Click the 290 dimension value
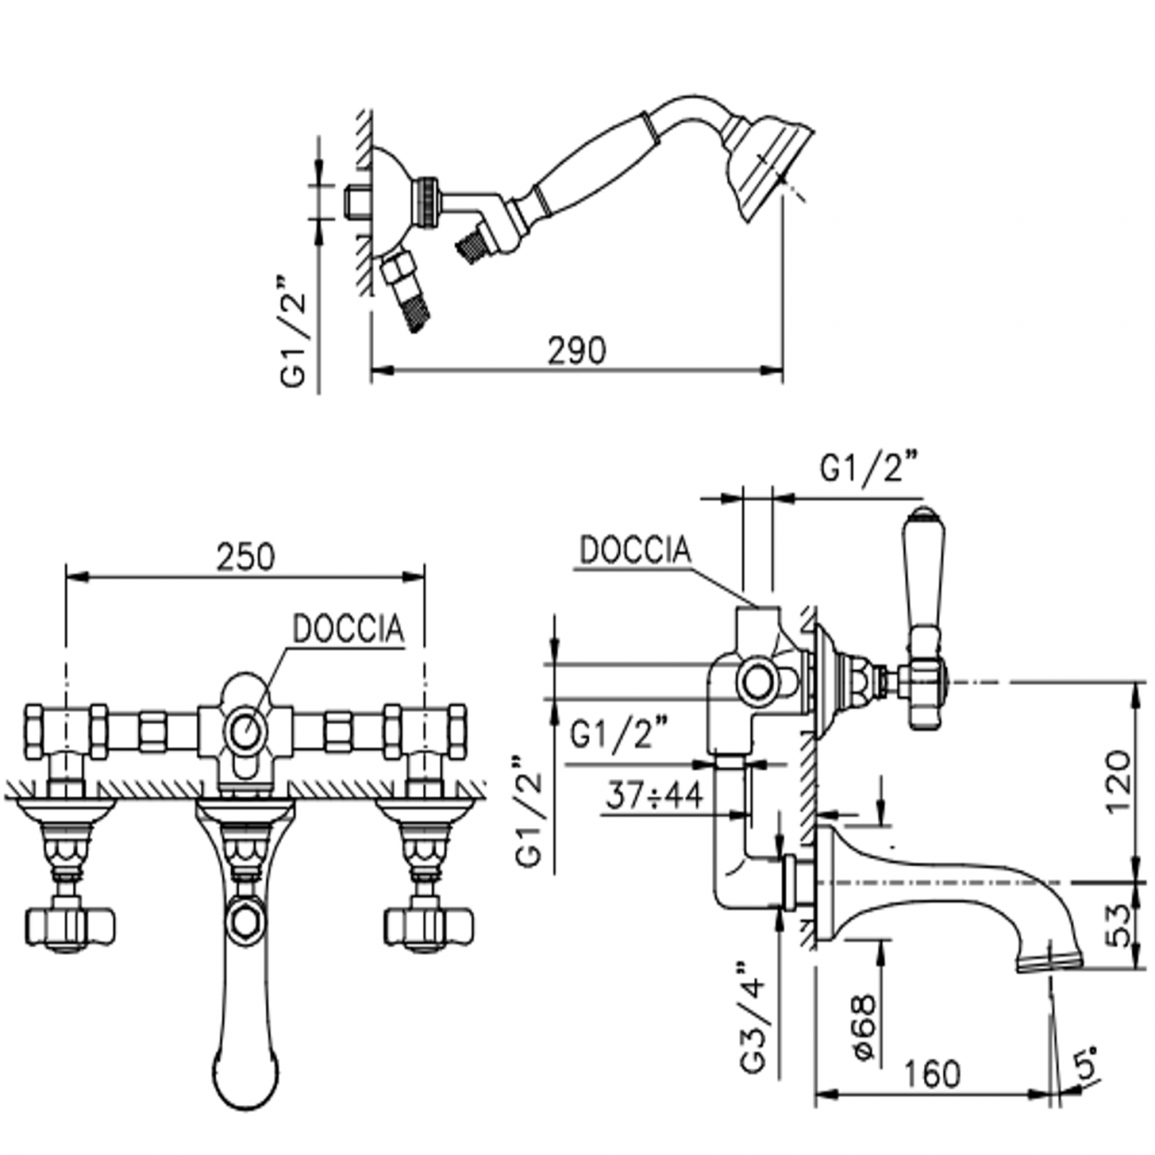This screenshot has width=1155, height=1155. pyautogui.click(x=576, y=351)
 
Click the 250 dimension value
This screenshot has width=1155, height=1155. pyautogui.click(x=246, y=557)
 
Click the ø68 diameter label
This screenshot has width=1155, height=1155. pyautogui.click(x=864, y=1027)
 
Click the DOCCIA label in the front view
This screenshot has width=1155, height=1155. pyautogui.click(x=348, y=629)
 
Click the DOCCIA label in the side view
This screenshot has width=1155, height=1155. pyautogui.click(x=634, y=550)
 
